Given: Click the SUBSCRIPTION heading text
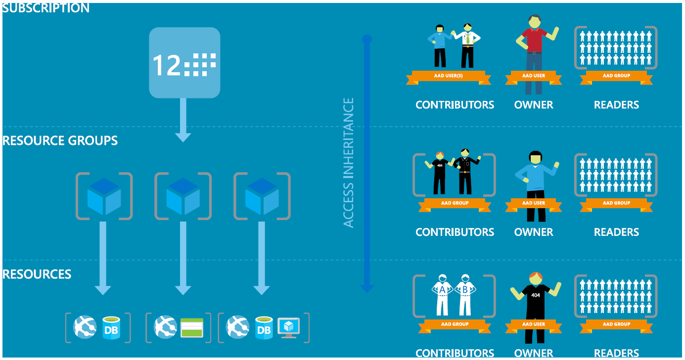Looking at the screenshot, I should click(x=46, y=8).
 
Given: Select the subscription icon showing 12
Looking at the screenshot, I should click(x=184, y=63).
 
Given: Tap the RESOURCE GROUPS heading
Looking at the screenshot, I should click(x=60, y=140).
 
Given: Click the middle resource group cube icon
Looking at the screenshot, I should click(x=183, y=196).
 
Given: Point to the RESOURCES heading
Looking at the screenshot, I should click(x=37, y=274).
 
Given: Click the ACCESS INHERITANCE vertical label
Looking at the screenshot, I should click(x=349, y=163).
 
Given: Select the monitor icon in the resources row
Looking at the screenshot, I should click(x=288, y=327).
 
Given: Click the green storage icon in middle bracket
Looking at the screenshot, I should click(x=192, y=327).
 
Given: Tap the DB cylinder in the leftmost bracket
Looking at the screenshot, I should click(x=112, y=327).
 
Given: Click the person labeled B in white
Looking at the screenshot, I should click(x=465, y=294).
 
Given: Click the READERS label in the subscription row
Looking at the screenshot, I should click(x=616, y=105).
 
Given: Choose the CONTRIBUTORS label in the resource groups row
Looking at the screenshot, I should click(x=455, y=232).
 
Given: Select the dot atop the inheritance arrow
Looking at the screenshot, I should click(x=367, y=39).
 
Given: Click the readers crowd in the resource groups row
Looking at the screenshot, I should click(x=616, y=175).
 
